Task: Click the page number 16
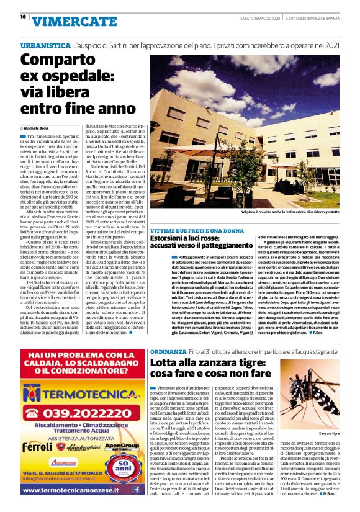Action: tap(23, 17)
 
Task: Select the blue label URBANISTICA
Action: tap(44, 47)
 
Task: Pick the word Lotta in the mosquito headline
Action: tap(164, 364)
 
